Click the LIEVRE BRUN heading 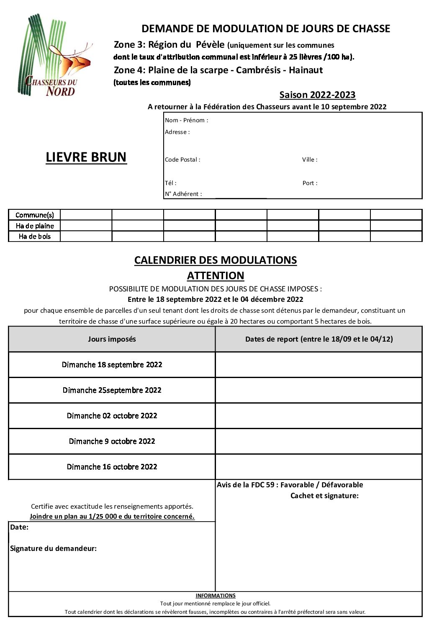tap(86, 157)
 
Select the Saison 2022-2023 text tap(317, 95)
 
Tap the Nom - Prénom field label tap(186, 120)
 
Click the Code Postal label tap(182, 160)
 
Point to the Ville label tap(310, 160)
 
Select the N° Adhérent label tap(183, 194)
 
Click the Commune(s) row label tap(35, 215)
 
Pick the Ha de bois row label tap(35, 237)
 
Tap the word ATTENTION tap(216, 275)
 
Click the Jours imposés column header tap(112, 339)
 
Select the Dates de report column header tap(319, 339)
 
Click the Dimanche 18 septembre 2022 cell tap(112, 365)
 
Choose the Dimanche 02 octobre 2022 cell tap(112, 416)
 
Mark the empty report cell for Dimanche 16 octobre tap(319, 467)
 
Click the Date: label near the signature tap(19, 527)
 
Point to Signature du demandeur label tap(53, 548)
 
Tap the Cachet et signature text tap(324, 496)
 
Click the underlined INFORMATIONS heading tap(216, 595)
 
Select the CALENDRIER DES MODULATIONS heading tap(216, 260)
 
